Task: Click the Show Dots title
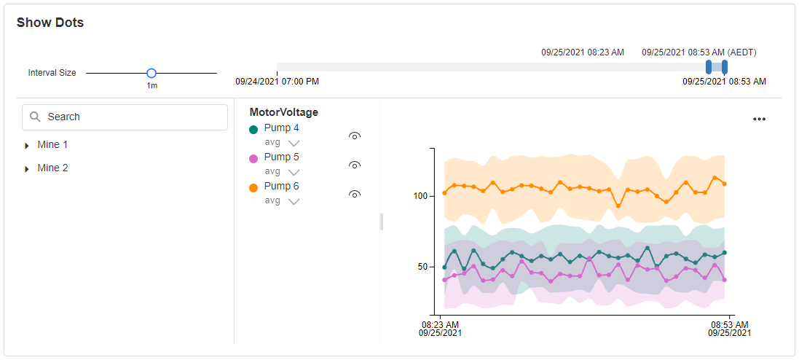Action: [x=50, y=23]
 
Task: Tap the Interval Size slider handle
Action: [x=151, y=73]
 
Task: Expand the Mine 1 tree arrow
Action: [x=27, y=146]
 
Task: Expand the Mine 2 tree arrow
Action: [x=27, y=169]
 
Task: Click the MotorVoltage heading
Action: [x=283, y=112]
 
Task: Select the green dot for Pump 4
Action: [x=253, y=129]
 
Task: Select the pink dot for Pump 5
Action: [x=253, y=158]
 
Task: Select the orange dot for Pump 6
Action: [x=253, y=187]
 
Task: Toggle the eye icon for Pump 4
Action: [x=355, y=136]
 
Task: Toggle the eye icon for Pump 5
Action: [x=355, y=165]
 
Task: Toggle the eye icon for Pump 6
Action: [x=355, y=194]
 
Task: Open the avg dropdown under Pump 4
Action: [x=293, y=143]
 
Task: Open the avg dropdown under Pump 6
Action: [x=293, y=201]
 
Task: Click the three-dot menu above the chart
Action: [x=759, y=119]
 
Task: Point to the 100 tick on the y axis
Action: [x=420, y=196]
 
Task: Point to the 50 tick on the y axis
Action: [x=422, y=267]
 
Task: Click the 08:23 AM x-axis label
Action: [x=440, y=324]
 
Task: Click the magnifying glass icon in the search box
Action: [x=35, y=117]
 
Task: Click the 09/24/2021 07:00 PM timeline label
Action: [x=277, y=81]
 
